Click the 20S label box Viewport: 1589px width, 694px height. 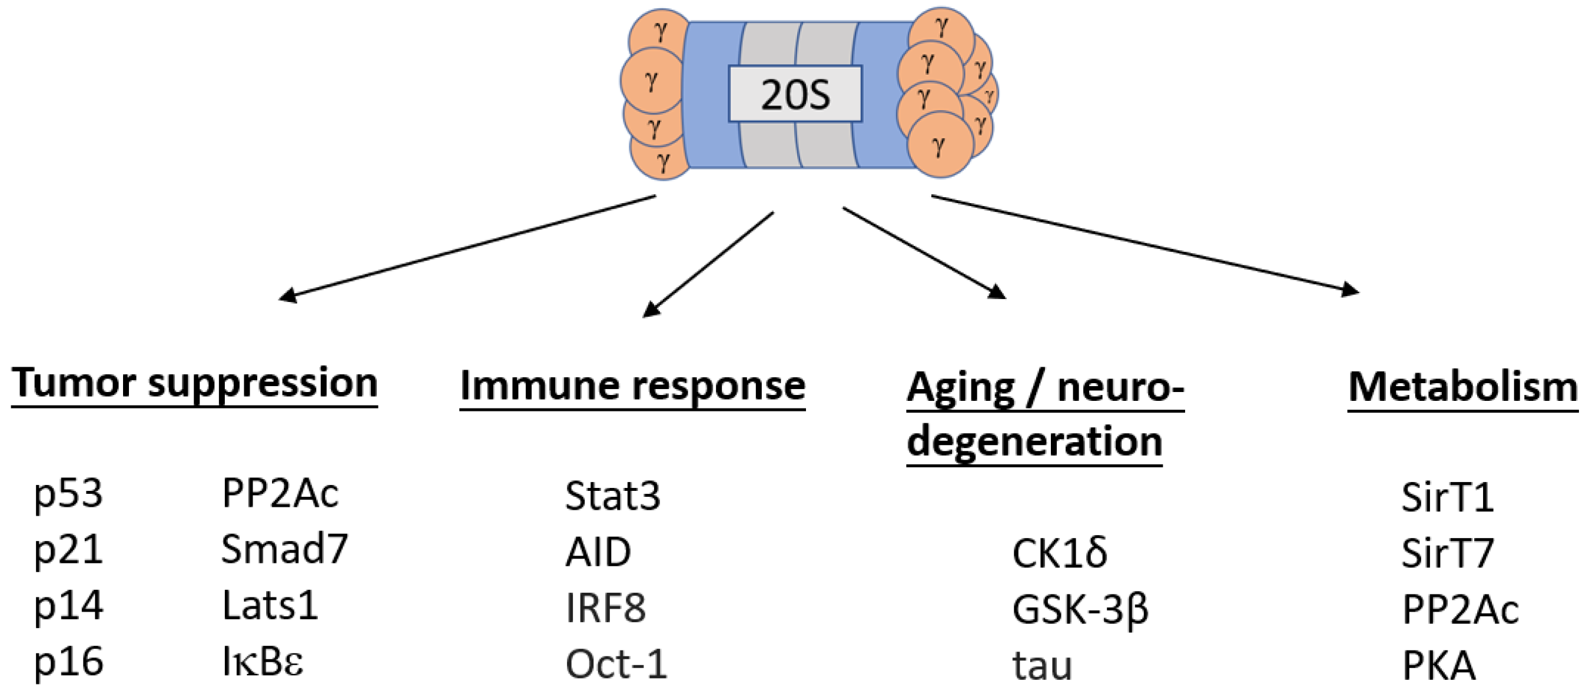[x=795, y=94]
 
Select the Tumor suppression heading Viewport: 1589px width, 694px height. [x=194, y=383]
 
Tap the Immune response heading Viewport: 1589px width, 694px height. [x=632, y=386]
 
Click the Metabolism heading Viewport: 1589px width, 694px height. [x=1462, y=387]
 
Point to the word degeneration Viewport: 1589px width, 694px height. [x=1034, y=441]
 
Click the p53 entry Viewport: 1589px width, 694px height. [x=68, y=493]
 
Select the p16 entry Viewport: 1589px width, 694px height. [x=68, y=663]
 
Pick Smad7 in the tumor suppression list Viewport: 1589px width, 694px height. [x=284, y=549]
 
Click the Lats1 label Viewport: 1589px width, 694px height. [x=270, y=606]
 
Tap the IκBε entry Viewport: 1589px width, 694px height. [x=263, y=663]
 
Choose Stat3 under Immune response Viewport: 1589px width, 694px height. [x=612, y=496]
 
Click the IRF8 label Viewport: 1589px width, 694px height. [x=605, y=608]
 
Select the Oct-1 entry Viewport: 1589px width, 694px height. [x=616, y=665]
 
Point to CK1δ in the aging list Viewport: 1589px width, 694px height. [x=1059, y=553]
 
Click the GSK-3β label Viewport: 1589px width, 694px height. [x=1080, y=609]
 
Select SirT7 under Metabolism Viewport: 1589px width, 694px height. [x=1447, y=553]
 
